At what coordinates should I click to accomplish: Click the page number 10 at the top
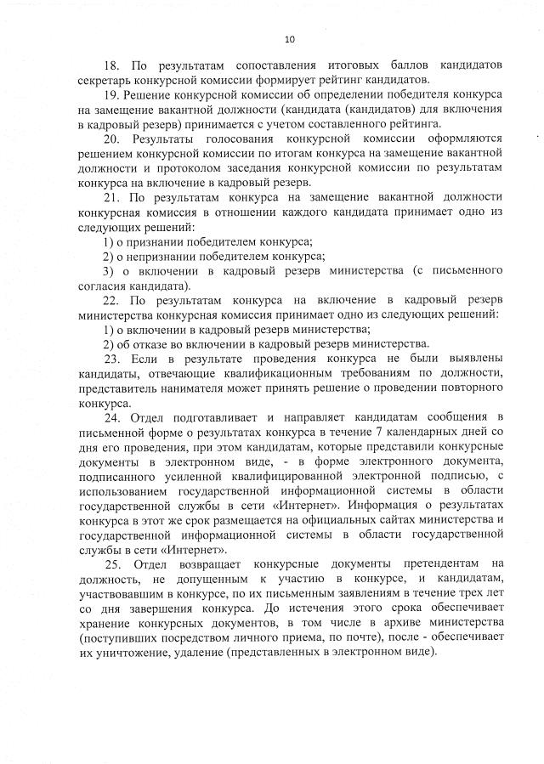point(289,38)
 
